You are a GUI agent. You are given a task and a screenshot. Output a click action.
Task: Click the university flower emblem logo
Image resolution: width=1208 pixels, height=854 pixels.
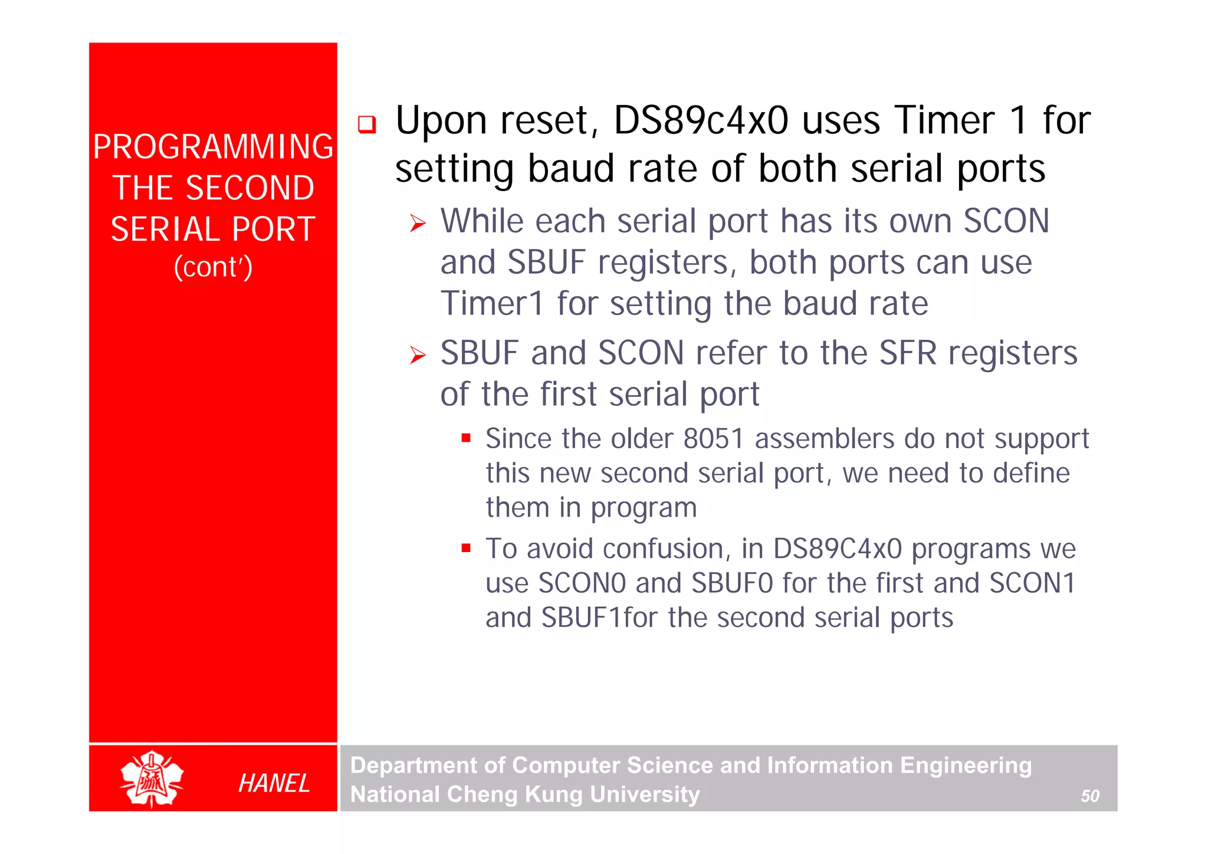point(152,779)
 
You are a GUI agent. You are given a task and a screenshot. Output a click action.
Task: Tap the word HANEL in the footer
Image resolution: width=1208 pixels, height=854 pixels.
point(274,783)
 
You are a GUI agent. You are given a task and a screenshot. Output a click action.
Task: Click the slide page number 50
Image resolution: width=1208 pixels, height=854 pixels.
point(1089,796)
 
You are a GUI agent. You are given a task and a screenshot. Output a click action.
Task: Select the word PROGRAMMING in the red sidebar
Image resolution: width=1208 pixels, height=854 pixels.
point(213,147)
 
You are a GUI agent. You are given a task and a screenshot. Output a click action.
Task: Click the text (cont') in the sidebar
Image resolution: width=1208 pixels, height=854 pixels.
point(213,267)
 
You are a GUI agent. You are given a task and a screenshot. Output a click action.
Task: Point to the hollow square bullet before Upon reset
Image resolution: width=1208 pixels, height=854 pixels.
point(367,124)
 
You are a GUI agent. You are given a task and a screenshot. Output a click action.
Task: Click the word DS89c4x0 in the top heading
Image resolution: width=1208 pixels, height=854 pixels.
point(701,121)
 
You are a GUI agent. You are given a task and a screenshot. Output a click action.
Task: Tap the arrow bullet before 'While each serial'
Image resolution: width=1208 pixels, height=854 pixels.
point(418,224)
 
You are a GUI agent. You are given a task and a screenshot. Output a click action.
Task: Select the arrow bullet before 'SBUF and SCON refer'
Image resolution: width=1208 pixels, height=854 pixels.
point(418,355)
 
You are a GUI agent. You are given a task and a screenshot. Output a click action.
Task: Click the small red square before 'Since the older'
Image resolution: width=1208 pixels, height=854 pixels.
point(466,438)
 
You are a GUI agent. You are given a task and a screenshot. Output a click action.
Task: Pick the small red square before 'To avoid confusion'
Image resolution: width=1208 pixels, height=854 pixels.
point(466,548)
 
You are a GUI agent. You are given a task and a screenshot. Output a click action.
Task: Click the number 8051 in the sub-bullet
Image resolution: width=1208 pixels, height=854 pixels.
point(713,439)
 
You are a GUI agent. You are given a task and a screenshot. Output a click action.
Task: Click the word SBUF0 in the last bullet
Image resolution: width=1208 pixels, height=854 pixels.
point(732,583)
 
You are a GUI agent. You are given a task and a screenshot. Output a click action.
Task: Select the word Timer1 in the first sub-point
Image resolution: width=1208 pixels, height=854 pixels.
point(492,304)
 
